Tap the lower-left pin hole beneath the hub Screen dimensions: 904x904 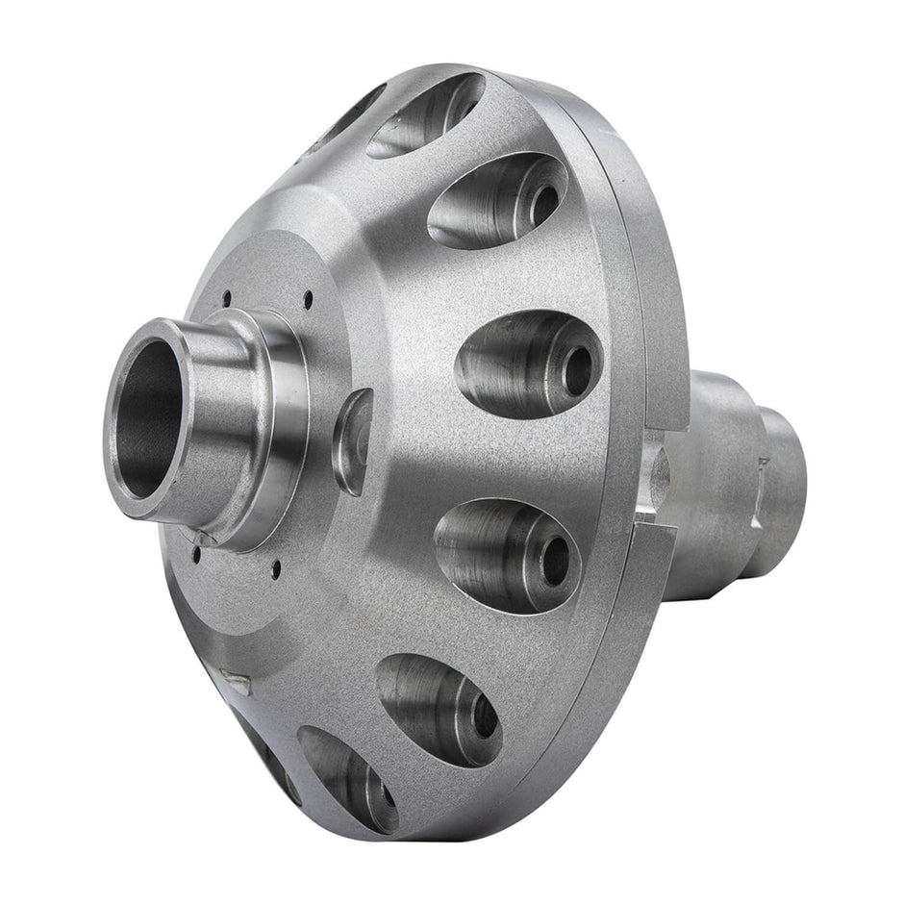(196, 555)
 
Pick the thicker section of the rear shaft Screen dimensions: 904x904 (716, 481)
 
